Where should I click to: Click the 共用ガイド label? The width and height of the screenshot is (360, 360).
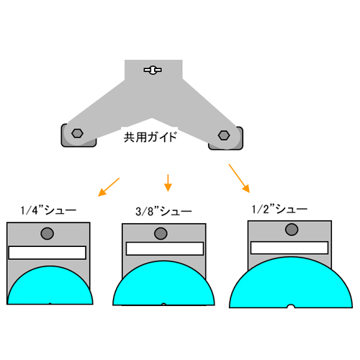150,137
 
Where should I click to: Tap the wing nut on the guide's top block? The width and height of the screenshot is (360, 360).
153,70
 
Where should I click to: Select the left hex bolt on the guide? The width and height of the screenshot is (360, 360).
77,133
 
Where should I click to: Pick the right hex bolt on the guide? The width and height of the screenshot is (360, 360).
224,135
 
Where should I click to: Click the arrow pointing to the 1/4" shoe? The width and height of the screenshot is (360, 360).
109,187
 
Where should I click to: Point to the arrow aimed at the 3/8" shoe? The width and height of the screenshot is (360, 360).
168,183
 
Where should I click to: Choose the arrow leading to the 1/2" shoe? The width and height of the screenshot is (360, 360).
239,179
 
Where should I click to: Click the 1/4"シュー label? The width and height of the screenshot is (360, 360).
48,210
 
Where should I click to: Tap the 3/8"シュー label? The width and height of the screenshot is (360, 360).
163,212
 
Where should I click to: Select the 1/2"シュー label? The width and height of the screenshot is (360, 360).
279,209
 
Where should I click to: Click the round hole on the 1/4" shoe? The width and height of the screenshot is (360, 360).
48,233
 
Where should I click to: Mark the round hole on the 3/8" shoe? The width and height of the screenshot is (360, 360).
161,233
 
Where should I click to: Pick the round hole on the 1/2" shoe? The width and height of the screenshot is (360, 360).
292,229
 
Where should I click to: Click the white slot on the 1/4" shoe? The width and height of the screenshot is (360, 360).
48,253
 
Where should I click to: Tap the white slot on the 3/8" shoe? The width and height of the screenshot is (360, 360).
165,248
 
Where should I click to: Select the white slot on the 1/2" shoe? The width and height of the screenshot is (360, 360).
289,248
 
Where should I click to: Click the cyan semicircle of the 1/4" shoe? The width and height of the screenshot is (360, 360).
50,286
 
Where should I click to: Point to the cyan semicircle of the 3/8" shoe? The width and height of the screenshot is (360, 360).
163,284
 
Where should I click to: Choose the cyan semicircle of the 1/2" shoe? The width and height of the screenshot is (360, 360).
291,282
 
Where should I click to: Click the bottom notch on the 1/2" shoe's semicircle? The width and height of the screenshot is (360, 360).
291,306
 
